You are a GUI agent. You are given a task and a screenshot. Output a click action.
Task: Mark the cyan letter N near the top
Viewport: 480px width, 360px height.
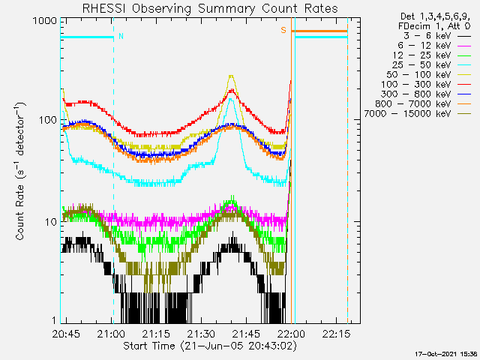121,36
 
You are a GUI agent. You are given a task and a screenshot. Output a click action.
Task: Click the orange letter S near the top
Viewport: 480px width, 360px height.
283,30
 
